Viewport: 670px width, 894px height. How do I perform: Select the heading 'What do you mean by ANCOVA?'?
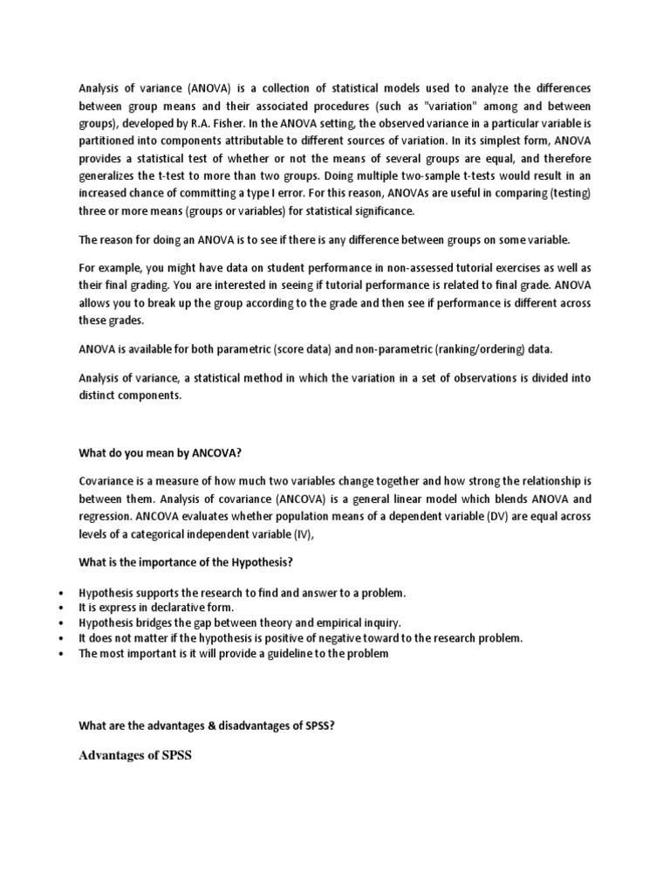[159, 453]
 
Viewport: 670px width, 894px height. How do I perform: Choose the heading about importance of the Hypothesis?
[191, 560]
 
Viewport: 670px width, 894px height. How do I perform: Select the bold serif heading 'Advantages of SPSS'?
[134, 754]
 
